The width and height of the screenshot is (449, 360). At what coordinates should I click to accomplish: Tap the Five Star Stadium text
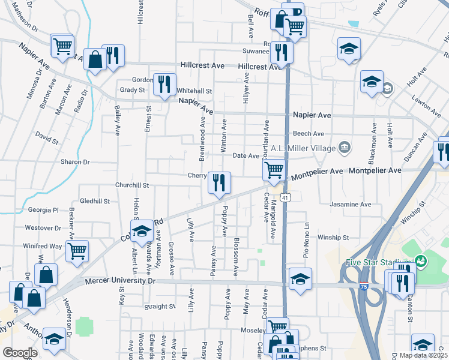tap(378, 262)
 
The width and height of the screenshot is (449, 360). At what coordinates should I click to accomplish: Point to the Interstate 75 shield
tap(364, 287)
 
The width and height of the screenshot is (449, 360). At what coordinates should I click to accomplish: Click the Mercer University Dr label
tap(120, 281)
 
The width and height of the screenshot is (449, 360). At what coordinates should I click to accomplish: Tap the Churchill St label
tap(132, 186)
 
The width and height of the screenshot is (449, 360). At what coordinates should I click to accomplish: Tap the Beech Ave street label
tap(308, 134)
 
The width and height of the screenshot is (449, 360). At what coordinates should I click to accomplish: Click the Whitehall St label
tap(194, 91)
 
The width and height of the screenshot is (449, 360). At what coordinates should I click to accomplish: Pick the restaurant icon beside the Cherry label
tap(219, 181)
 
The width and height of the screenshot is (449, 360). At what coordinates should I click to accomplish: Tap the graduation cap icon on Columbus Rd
tap(142, 230)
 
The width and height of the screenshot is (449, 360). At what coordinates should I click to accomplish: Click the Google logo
tap(20, 353)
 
